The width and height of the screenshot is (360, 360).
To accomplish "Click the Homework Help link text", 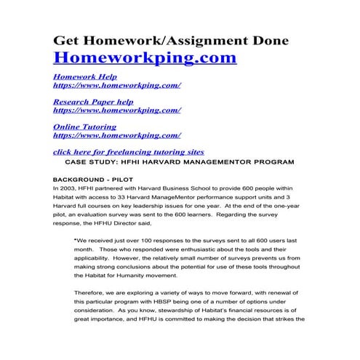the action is point(85,76).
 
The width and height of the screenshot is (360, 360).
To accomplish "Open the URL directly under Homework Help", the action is point(117,85).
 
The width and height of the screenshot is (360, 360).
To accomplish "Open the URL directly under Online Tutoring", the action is point(117,135).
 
